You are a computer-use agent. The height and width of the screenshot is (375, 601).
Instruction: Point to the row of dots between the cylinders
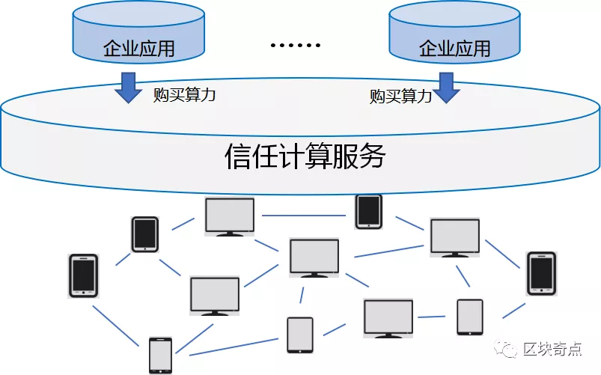[295, 45]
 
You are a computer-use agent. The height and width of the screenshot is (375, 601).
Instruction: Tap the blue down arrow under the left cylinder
[127, 87]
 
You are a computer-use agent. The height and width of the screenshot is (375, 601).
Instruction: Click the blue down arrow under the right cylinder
[448, 87]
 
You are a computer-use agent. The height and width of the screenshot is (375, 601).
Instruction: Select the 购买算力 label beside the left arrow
[184, 94]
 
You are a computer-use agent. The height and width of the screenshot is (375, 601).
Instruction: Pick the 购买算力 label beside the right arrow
[400, 96]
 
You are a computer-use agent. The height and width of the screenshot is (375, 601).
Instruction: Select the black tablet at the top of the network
[368, 211]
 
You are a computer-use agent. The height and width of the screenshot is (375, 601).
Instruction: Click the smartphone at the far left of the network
[83, 275]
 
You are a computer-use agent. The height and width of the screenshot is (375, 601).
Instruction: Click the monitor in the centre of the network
[314, 257]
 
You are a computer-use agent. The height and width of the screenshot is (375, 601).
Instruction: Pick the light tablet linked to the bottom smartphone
[300, 334]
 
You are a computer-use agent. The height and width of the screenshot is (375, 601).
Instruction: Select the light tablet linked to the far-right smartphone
[470, 317]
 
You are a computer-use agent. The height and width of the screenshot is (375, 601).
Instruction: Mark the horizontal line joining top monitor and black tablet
[305, 215]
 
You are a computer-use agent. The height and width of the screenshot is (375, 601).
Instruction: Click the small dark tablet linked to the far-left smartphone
[144, 234]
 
